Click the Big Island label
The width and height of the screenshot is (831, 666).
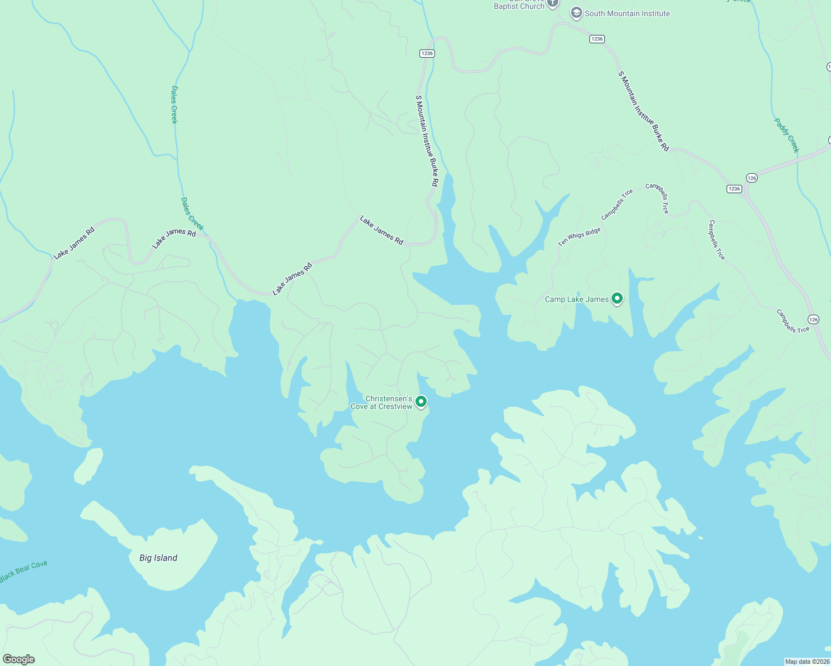[x=158, y=558]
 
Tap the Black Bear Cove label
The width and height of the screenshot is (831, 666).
[x=23, y=572]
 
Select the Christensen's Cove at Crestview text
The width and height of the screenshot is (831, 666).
[x=382, y=402]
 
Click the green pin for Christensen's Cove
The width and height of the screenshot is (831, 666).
[x=421, y=401]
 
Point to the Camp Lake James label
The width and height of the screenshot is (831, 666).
[x=577, y=299]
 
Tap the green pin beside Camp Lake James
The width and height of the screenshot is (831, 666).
[x=617, y=299]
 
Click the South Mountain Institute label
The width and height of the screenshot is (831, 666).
[x=627, y=13]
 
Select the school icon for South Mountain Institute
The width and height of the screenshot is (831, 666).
[x=576, y=13]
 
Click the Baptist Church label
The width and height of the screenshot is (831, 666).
[x=519, y=6]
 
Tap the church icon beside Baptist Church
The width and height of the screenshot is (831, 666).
[x=552, y=3]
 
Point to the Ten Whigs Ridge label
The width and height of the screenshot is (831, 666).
[x=579, y=237]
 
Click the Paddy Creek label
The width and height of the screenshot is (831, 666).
[x=787, y=135]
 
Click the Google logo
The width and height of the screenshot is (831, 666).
[x=19, y=659]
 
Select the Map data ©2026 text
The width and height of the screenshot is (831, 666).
[x=807, y=661]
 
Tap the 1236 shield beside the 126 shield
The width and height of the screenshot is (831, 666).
[x=734, y=189]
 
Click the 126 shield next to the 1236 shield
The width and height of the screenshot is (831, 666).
[x=752, y=178]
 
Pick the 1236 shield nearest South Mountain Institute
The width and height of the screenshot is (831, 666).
[x=597, y=39]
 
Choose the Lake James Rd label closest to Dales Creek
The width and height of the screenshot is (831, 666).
[x=174, y=239]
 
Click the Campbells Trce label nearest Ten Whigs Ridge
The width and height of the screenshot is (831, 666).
[x=617, y=204]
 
